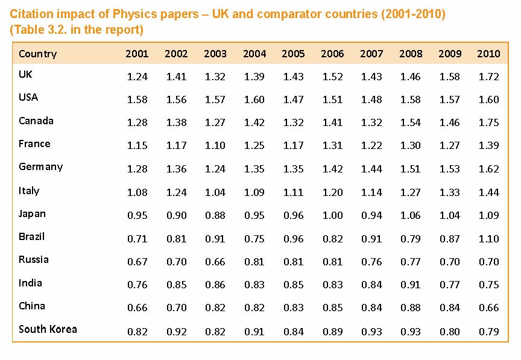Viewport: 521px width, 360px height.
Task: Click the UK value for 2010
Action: pyautogui.click(x=489, y=77)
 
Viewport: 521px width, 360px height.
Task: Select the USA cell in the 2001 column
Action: pyautogui.click(x=137, y=99)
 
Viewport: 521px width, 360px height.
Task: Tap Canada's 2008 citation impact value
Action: pyautogui.click(x=411, y=122)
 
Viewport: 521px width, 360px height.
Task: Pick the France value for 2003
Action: pyautogui.click(x=215, y=145)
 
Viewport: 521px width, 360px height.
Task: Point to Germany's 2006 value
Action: pyautogui.click(x=332, y=169)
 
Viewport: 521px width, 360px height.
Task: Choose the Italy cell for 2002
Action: pyautogui.click(x=177, y=192)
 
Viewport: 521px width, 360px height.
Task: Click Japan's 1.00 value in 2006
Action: pyautogui.click(x=332, y=215)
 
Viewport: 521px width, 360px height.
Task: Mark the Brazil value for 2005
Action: pyautogui.click(x=294, y=239)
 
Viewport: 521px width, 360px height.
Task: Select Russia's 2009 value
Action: pyautogui.click(x=450, y=262)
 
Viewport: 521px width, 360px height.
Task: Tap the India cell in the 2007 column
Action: pyautogui.click(x=371, y=285)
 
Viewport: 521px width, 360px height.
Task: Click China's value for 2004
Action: pyautogui.click(x=254, y=308)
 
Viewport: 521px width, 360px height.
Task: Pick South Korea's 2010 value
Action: pyautogui.click(x=489, y=332)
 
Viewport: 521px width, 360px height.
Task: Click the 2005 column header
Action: pyautogui.click(x=293, y=54)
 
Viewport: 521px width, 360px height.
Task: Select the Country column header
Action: pyautogui.click(x=37, y=54)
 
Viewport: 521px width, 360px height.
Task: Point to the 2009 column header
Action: pyautogui.click(x=450, y=54)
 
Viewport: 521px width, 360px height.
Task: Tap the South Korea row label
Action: pyautogui.click(x=48, y=329)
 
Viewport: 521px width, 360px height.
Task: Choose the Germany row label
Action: pyautogui.click(x=40, y=167)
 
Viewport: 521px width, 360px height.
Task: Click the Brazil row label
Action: pyautogui.click(x=31, y=236)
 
